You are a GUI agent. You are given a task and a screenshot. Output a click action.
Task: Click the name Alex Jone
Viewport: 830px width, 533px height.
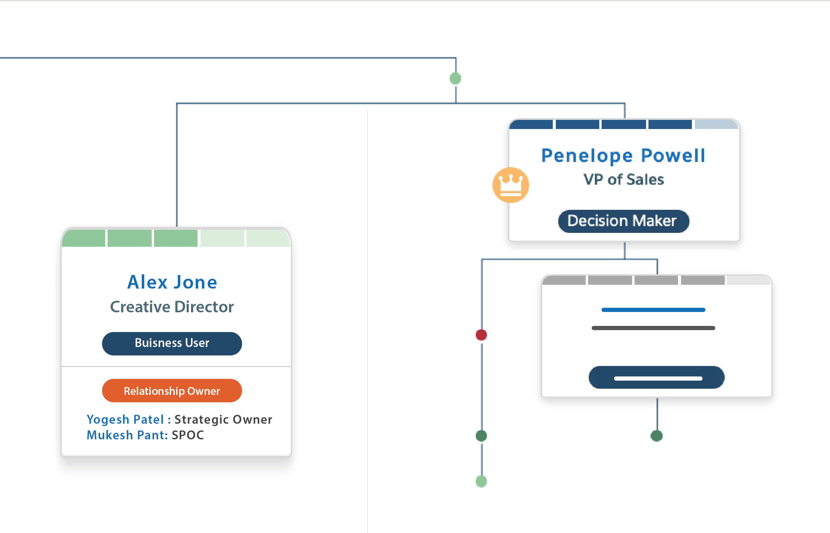pos(172,282)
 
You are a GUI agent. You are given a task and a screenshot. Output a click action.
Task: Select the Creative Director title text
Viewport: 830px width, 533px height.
pos(172,307)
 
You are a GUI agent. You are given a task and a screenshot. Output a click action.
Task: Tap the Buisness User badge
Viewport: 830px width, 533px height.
pos(172,343)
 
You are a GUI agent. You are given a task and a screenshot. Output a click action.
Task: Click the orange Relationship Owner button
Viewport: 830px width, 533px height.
pos(172,390)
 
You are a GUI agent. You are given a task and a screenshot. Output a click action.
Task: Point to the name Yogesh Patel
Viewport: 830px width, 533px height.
pos(125,420)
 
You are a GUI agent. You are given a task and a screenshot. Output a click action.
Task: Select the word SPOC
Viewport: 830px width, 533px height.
pos(188,435)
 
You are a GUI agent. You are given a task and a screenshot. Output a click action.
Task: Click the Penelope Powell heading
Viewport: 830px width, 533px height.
pos(623,155)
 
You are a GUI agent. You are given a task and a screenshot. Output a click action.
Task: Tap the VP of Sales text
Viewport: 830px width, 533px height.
pos(624,179)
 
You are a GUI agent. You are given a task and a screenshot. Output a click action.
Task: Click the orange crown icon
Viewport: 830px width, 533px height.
pos(511,185)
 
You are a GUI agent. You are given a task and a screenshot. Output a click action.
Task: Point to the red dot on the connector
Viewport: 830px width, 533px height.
pos(482,335)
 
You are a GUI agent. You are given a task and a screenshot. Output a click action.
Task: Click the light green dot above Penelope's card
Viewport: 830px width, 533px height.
pos(455,78)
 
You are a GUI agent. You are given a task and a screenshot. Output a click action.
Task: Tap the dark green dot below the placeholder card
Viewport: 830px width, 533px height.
pos(657,436)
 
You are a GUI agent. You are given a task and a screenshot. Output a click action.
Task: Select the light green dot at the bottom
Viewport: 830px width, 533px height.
pos(482,481)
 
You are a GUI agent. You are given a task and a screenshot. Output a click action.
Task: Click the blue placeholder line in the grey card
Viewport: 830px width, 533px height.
pos(653,310)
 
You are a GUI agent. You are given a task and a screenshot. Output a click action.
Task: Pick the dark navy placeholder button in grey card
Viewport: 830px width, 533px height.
pos(656,377)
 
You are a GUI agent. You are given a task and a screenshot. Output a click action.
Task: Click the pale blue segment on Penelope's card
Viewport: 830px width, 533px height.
pos(717,125)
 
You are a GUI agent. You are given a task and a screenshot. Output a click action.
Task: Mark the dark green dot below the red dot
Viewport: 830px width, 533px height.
pos(482,436)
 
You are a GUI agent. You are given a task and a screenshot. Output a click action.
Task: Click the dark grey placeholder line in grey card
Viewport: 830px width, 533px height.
pos(653,328)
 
